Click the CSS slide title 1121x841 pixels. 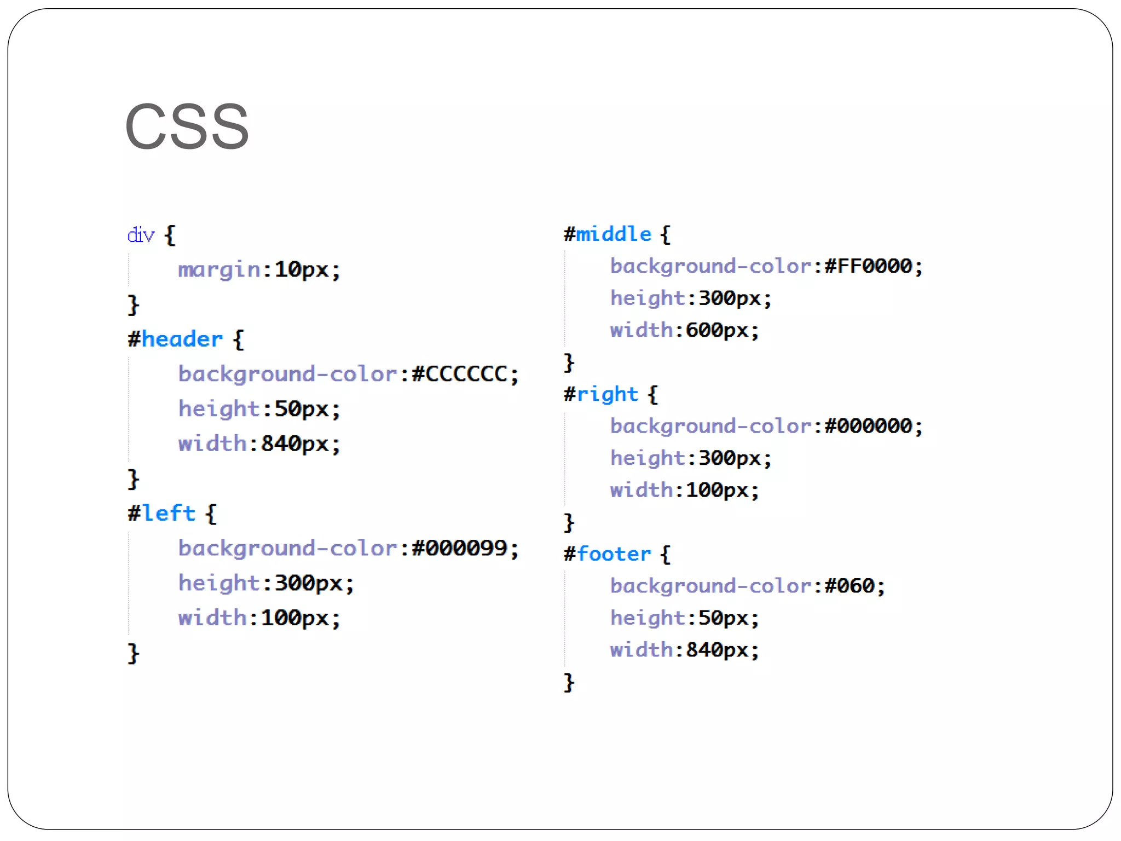tap(187, 126)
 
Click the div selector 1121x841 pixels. tap(141, 235)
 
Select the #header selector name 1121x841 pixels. tap(176, 339)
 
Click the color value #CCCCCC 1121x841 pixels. tap(459, 375)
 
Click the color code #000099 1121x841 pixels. tap(459, 549)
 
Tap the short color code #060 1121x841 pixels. tap(850, 586)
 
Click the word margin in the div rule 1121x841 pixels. tap(219, 270)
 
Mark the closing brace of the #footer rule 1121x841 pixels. tap(569, 683)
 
